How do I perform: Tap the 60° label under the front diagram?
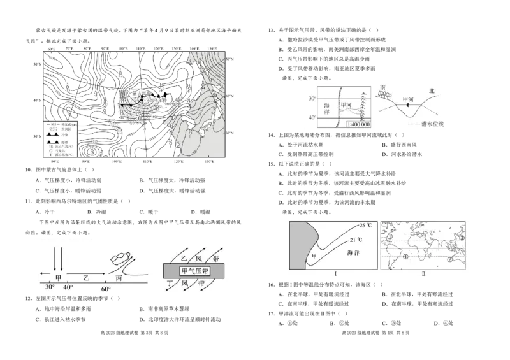(x=106, y=289)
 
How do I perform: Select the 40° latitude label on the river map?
(x=312, y=119)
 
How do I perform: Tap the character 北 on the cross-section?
(x=432, y=91)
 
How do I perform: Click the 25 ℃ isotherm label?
(x=366, y=226)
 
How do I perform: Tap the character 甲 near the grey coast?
(x=312, y=257)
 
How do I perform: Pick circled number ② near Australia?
(x=450, y=259)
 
